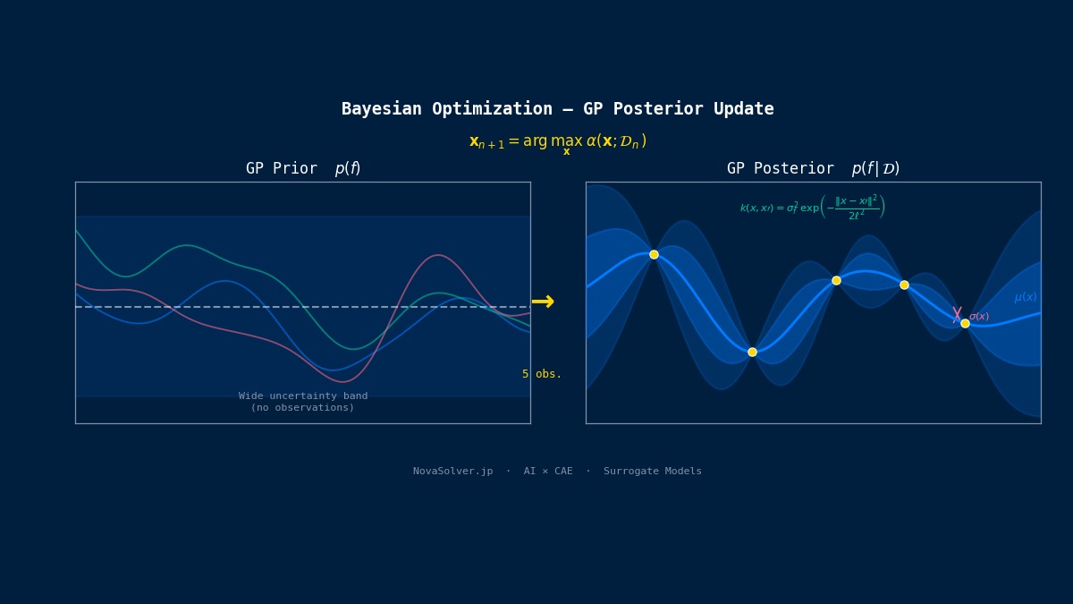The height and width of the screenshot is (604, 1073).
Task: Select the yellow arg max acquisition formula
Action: pos(557,142)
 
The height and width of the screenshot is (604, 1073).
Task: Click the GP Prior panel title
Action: pos(302,169)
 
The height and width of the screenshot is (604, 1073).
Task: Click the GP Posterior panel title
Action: pos(812,169)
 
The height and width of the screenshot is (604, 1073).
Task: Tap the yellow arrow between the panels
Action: pos(543,302)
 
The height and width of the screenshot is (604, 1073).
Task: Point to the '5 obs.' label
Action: pos(542,374)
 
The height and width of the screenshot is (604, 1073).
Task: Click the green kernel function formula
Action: pos(812,208)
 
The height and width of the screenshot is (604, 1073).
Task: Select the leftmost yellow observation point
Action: pos(654,254)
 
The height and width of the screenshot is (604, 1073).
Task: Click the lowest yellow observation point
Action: pos(752,352)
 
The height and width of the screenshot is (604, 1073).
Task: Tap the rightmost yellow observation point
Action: pos(965,323)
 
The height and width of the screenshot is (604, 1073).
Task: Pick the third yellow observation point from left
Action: pos(836,280)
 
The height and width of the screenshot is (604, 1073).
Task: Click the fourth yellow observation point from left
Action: pos(904,285)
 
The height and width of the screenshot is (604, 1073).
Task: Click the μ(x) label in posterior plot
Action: pos(1025,298)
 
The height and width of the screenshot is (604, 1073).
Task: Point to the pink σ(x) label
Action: pos(979,317)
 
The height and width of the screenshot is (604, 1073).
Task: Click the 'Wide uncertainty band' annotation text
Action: pos(302,396)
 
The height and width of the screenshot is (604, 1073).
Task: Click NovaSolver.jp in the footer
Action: pos(452,472)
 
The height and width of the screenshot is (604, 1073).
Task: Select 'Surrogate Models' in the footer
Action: pos(652,472)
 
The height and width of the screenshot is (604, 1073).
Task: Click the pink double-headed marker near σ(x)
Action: pos(957,314)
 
